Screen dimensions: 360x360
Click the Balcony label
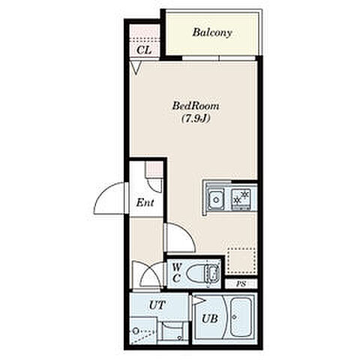coord(212,33)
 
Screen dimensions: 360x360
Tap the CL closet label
coord(144,50)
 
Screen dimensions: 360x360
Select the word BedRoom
coord(196,106)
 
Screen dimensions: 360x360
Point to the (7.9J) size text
coord(195,118)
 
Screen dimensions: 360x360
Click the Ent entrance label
coord(145,202)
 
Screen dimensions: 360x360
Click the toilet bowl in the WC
coord(196,273)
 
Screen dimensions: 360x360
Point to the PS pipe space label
coord(241,284)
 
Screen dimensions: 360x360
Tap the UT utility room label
coord(157,305)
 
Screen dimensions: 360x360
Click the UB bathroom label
coord(209,319)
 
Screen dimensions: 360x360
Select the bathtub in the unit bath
coord(241,317)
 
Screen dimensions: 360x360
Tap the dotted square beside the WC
coord(241,261)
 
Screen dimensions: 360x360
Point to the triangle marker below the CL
coord(136,68)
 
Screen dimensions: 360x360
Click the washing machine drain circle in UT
coord(136,331)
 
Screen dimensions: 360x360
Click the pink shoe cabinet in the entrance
coord(154,169)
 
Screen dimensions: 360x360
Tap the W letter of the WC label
coord(177,268)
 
